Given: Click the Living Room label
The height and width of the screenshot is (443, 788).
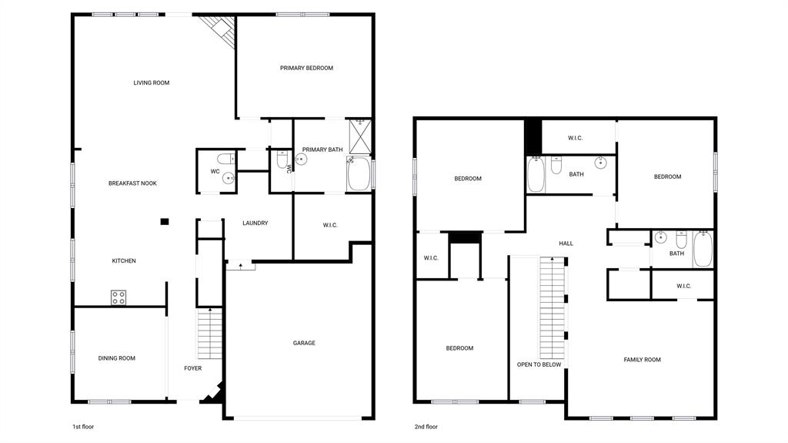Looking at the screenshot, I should coord(151,82).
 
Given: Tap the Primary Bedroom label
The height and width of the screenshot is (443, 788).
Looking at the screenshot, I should coord(306,68).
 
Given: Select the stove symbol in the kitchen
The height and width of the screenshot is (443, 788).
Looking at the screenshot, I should coord(119,297).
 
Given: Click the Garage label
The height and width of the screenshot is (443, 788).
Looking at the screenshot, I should coord(304,343).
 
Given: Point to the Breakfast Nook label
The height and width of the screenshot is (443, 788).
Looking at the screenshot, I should coord(132,183).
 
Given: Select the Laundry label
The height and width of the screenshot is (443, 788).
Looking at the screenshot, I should coord(255,223).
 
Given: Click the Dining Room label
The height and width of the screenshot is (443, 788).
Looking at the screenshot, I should coord(117,358).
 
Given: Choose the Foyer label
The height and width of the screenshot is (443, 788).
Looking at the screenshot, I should coord(192,368).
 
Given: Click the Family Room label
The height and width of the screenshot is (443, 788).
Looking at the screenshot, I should coord(642,360).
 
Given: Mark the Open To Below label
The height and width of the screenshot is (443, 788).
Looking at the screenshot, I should coord(539,364).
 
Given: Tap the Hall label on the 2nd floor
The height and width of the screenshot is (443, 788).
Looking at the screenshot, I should coord(566,243).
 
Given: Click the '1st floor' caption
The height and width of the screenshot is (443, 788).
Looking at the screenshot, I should coord(82,426).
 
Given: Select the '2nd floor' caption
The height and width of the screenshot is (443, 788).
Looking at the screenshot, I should coord(426,426).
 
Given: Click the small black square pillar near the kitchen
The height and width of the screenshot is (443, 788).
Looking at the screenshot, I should coord(164,222).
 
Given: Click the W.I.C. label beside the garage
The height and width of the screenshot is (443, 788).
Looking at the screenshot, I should coord(330,225).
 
